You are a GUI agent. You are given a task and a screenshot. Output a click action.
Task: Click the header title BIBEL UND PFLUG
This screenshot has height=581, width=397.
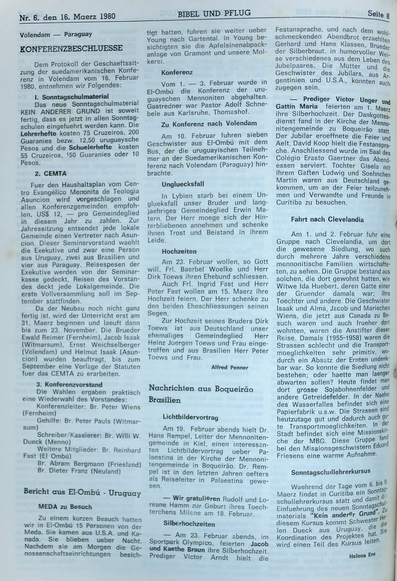tap(214, 13)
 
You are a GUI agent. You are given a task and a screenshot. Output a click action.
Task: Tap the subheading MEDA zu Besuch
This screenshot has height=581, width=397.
tap(65, 507)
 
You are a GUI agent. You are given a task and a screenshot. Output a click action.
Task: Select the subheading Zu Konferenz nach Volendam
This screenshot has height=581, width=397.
tap(209, 124)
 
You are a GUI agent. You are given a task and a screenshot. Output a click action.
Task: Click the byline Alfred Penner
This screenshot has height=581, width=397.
tap(229, 367)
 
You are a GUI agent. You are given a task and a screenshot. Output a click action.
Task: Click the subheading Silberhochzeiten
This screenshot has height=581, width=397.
tap(189, 524)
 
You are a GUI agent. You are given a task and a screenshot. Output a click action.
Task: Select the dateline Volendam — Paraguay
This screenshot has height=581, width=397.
tap(56, 34)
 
